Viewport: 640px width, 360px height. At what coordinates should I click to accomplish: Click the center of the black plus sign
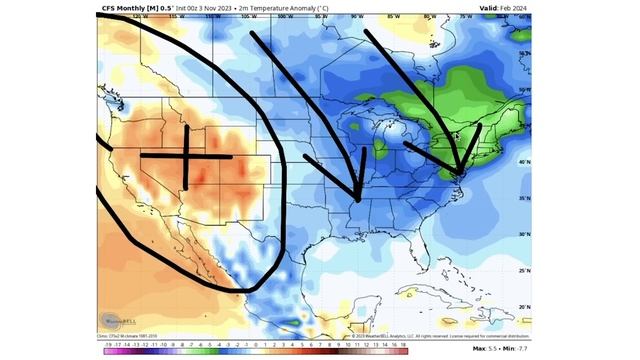[x=186, y=156]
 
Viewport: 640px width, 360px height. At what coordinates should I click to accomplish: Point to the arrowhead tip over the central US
[x=357, y=199]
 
